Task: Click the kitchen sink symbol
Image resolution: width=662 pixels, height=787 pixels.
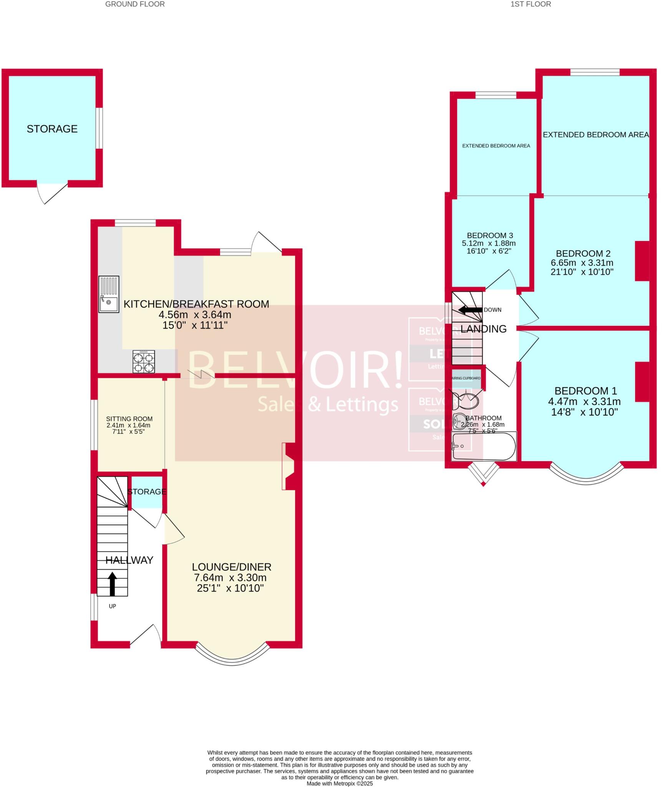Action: (109, 294)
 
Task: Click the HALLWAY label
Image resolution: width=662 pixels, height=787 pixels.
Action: (129, 560)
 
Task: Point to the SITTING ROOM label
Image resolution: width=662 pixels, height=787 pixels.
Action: (129, 419)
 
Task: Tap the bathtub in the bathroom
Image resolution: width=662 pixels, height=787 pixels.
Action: (484, 446)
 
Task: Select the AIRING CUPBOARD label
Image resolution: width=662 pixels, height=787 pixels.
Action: (466, 378)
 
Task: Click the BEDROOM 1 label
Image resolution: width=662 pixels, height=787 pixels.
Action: (586, 391)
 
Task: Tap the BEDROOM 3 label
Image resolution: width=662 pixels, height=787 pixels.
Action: (489, 236)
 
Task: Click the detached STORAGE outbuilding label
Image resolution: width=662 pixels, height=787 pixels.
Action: (52, 129)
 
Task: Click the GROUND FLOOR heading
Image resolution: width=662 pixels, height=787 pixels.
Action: (135, 4)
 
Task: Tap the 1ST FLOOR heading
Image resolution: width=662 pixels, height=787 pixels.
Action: (531, 4)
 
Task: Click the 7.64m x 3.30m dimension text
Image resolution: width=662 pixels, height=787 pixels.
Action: (230, 578)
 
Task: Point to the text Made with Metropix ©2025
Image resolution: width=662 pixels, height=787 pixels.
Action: (340, 783)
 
